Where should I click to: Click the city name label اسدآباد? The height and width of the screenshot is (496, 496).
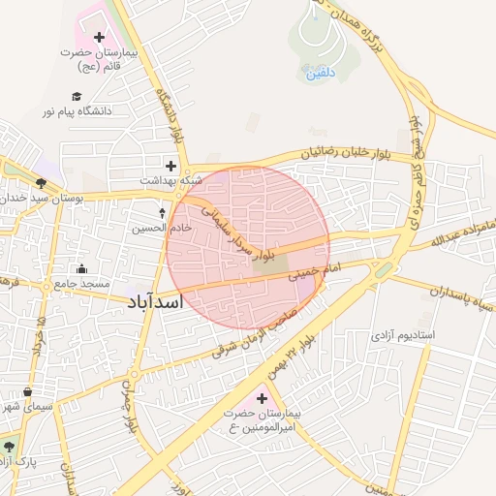[154, 304]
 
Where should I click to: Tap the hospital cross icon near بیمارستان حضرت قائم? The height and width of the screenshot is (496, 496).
[99, 37]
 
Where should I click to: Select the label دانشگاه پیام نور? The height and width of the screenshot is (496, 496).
[77, 111]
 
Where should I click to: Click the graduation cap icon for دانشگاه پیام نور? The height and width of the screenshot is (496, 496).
[77, 96]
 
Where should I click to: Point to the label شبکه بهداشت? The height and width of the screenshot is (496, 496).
[171, 180]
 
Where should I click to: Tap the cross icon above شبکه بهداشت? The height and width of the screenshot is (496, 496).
[171, 166]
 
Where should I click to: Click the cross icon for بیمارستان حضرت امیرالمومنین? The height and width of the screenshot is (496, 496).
[261, 398]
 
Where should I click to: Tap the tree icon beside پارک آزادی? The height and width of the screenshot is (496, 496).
[10, 447]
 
